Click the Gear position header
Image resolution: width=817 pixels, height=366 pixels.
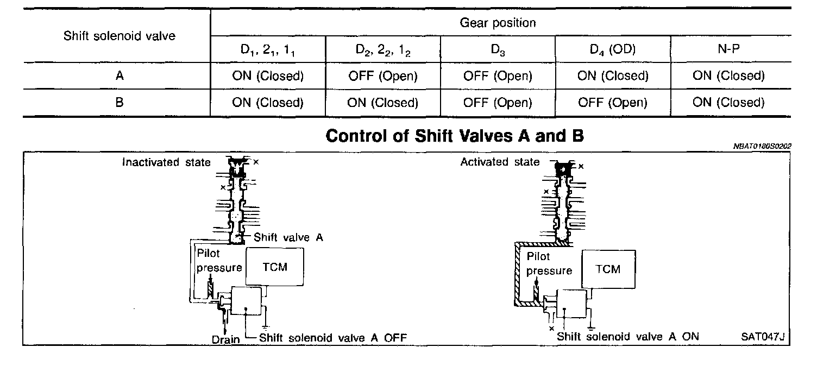tap(498, 23)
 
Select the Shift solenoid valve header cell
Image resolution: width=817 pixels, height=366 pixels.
tap(120, 36)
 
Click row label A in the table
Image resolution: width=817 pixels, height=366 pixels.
tap(120, 76)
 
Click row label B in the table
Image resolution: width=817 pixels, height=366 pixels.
tap(120, 103)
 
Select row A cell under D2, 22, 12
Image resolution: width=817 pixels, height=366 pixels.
tap(383, 76)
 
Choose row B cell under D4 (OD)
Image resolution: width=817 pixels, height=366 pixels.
tap(613, 103)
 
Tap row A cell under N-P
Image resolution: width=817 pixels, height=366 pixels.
tap(728, 76)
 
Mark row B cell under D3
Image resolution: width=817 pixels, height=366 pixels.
tap(498, 103)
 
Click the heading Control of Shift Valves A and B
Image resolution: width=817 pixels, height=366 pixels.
tap(454, 136)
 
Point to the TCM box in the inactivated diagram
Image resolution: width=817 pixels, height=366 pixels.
tap(274, 267)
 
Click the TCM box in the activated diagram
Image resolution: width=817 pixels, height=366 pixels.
tap(608, 269)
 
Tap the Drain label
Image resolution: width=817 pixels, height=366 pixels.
tap(225, 339)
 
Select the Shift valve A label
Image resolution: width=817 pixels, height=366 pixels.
tap(288, 237)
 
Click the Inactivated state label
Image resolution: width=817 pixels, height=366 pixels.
tap(166, 162)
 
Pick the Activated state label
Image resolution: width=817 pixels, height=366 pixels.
tap(500, 162)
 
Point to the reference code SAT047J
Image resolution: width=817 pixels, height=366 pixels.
tap(763, 337)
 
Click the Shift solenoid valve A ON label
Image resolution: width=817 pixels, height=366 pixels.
tap(627, 337)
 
